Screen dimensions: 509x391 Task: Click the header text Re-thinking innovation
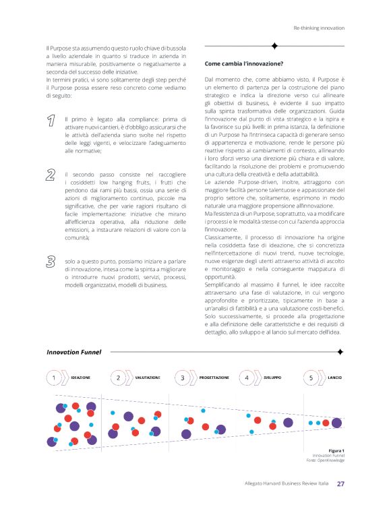pos(319,28)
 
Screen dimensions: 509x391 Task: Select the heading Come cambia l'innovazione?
pos(241,64)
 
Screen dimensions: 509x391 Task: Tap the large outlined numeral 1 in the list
pos(51,121)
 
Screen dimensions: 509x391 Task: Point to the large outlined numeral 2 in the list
pos(51,176)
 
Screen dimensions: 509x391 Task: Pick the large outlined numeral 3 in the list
pos(51,261)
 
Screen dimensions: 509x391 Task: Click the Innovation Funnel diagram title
pos(73,352)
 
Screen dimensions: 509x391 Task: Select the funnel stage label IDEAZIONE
pos(81,378)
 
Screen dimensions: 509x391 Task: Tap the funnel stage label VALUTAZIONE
pos(147,378)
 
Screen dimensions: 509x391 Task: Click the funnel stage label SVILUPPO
pos(272,378)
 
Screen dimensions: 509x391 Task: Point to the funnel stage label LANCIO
pos(335,378)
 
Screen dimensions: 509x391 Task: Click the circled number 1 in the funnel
pos(54,378)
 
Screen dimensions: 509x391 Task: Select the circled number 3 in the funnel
pos(183,378)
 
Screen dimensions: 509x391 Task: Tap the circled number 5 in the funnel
pos(311,378)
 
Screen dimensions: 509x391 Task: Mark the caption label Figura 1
pos(336,450)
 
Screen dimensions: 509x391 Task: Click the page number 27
pos(341,483)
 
